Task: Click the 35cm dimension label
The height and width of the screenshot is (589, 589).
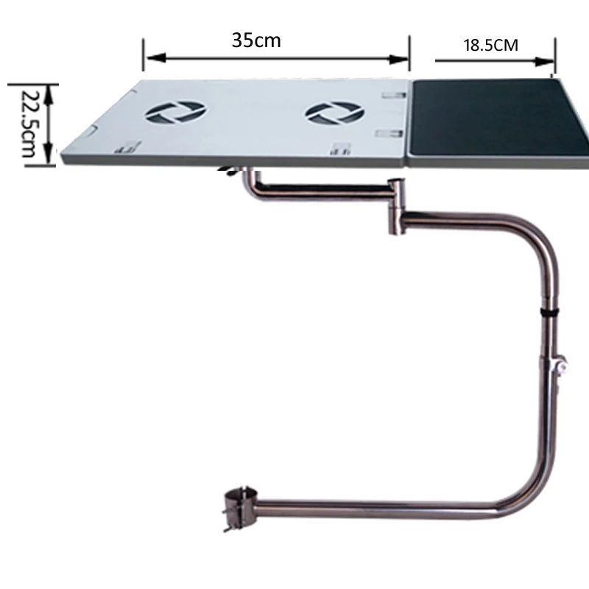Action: (x=256, y=40)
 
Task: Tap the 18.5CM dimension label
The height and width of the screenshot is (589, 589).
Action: (x=490, y=46)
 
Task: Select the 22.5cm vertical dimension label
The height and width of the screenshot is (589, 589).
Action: (x=28, y=124)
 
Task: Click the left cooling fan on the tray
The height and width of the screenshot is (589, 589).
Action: (x=176, y=112)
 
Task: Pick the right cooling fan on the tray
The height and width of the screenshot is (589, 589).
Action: (x=335, y=113)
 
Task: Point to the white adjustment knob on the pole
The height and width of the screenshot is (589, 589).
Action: (x=561, y=364)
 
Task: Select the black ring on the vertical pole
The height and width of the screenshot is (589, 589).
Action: (x=549, y=311)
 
